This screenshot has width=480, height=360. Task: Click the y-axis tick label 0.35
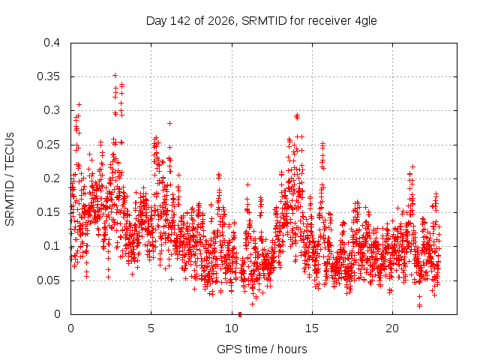click(x=48, y=76)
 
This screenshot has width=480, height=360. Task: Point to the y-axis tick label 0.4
click(x=52, y=43)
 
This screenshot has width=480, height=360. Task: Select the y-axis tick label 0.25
click(x=48, y=145)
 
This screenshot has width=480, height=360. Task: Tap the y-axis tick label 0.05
click(x=48, y=280)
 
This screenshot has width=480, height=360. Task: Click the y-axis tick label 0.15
click(x=48, y=212)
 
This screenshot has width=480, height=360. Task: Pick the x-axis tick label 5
click(x=151, y=328)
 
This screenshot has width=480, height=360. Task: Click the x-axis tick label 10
click(x=232, y=328)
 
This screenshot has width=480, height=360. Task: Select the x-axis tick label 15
click(x=312, y=328)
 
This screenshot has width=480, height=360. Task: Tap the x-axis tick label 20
click(x=392, y=328)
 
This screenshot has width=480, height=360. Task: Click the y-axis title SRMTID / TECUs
click(x=10, y=179)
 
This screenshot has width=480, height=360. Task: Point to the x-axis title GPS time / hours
click(x=262, y=349)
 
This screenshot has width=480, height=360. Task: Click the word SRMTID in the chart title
click(x=264, y=21)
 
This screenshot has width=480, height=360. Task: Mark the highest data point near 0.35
click(x=115, y=75)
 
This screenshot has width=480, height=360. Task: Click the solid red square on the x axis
click(x=240, y=314)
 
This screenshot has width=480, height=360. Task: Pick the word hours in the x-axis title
click(x=292, y=349)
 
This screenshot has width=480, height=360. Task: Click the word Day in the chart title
click(x=157, y=22)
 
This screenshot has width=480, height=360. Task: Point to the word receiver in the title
click(x=329, y=21)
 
